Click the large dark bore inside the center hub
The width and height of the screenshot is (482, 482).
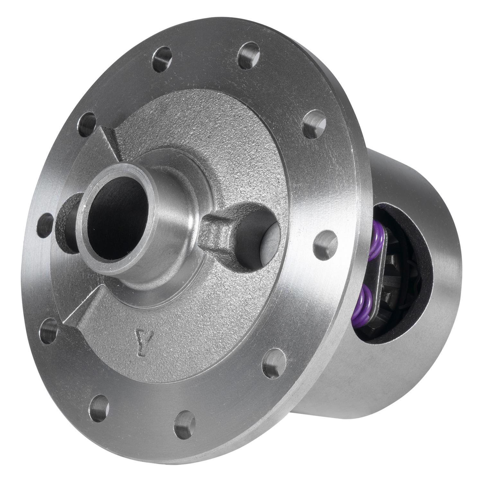[117, 219]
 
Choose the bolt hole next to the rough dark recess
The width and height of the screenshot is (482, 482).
[45, 226]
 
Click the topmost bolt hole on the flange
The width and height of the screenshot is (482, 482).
[249, 56]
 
